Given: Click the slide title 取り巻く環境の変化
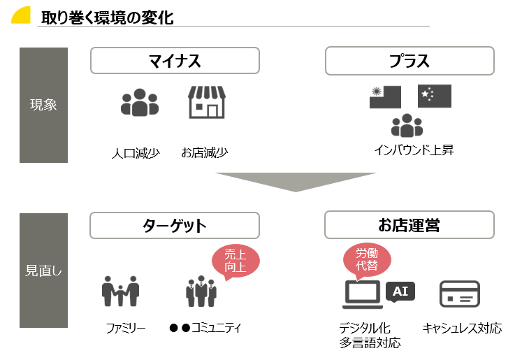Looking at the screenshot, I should click(107, 17).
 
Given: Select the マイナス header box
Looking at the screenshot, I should click(175, 61).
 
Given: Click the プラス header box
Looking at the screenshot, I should click(409, 61).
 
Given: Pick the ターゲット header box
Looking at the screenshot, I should click(175, 226).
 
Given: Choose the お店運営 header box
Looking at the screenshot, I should click(409, 226).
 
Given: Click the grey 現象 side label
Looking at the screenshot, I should click(43, 105).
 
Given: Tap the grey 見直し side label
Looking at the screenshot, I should click(43, 271).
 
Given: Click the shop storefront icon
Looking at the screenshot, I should click(206, 103).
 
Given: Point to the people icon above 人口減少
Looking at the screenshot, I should click(140, 103).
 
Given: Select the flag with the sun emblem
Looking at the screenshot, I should click(385, 96).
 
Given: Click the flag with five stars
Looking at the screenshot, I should click(435, 96).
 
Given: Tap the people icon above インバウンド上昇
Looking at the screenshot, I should click(407, 126).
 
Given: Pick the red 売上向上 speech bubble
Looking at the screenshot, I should click(235, 261).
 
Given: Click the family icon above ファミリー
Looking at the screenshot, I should click(120, 291).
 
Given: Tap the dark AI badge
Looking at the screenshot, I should click(400, 291).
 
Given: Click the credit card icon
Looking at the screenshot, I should click(459, 294).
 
